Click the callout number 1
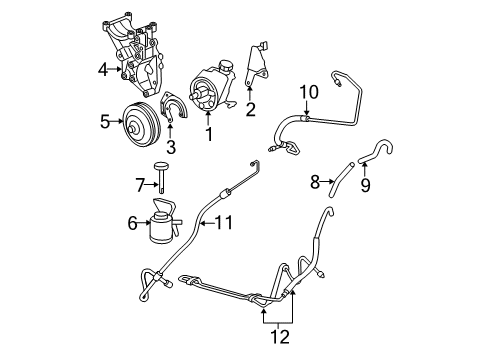209,131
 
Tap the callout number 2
250,109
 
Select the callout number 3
171,149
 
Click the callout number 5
105,124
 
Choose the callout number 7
140,183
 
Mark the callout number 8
314,182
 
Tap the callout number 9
364,184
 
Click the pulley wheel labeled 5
138,124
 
